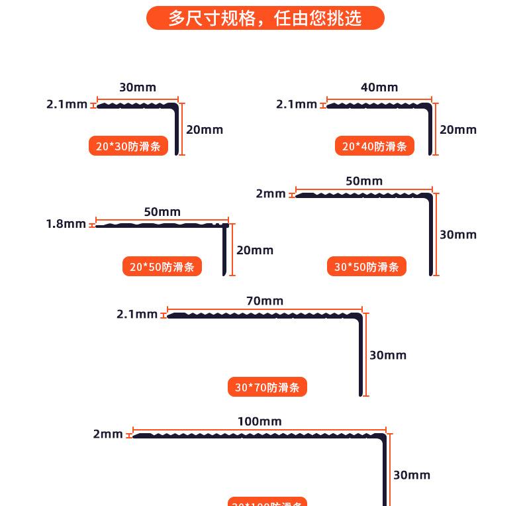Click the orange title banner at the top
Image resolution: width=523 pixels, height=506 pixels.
[265, 18]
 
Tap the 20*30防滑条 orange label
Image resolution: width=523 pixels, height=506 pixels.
[128, 146]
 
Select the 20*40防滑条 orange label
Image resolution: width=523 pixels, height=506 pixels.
[374, 146]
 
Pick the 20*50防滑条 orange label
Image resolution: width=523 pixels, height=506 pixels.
[162, 267]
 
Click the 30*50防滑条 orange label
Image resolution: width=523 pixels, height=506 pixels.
[367, 267]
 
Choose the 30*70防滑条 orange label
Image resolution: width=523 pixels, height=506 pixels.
[267, 387]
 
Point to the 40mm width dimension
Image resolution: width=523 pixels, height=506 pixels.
[379, 87]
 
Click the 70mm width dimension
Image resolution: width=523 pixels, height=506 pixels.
[265, 301]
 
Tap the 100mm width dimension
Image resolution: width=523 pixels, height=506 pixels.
[260, 421]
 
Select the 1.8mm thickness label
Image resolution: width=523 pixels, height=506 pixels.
[66, 224]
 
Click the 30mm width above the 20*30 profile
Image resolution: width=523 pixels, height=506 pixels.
[138, 87]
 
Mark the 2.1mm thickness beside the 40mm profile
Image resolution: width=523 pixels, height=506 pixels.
[297, 104]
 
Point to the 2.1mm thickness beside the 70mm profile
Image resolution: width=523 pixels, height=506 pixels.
[137, 314]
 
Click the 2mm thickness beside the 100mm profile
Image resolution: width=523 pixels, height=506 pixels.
[108, 434]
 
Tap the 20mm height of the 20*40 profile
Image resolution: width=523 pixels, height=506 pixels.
[458, 130]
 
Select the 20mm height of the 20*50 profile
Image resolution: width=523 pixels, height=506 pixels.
[255, 250]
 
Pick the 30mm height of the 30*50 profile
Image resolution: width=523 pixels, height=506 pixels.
[458, 234]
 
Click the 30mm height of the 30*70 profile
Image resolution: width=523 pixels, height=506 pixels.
[388, 356]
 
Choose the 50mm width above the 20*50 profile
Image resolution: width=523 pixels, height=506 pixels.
[162, 212]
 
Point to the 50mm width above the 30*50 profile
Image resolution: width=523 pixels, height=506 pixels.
[364, 181]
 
